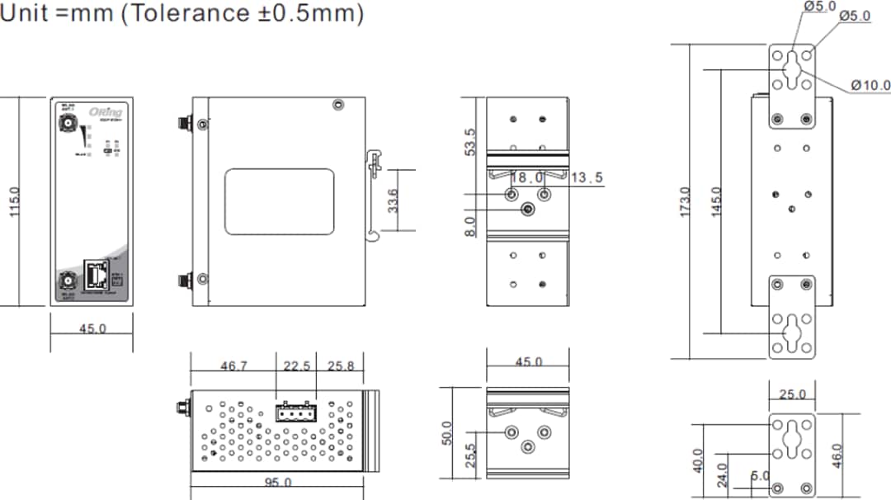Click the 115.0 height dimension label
click(x=14, y=202)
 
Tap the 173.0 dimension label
click(x=684, y=202)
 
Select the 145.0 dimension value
click(x=715, y=202)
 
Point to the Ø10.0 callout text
click(x=870, y=85)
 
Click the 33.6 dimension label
click(x=394, y=200)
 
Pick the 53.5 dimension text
click(x=469, y=141)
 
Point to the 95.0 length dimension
click(x=276, y=483)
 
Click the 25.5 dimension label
click(x=469, y=456)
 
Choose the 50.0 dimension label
click(x=446, y=432)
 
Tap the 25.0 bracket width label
click(x=792, y=394)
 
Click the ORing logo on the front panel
click(x=109, y=112)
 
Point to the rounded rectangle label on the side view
click(x=280, y=202)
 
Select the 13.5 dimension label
click(x=587, y=177)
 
